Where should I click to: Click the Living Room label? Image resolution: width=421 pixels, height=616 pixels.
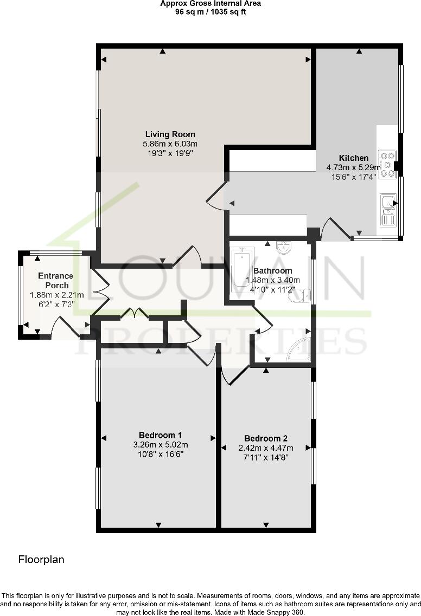pos(170,134)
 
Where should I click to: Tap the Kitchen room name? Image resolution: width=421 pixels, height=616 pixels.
pos(354,158)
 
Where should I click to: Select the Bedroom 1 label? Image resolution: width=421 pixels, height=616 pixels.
pos(160,435)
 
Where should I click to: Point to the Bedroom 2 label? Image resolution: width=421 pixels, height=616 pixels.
pos(266,439)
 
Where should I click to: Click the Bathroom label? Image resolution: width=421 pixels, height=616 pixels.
pos(273,271)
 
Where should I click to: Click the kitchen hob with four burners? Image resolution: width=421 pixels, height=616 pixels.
pos(388,164)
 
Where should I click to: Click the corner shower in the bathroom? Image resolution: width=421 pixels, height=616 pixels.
pos(300,349)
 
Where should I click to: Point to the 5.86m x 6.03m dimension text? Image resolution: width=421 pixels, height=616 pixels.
pos(170,144)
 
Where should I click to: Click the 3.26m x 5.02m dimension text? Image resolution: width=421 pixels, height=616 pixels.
pos(160,445)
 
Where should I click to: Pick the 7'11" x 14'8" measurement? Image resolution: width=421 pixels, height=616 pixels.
pos(266,457)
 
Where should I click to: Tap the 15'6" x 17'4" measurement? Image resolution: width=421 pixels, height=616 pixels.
pos(353,177)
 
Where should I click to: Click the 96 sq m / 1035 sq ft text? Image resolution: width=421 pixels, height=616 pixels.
pos(210,12)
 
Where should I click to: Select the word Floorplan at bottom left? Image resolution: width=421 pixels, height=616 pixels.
pos(42,560)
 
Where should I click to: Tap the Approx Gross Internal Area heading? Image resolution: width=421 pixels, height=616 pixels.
pos(210,4)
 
